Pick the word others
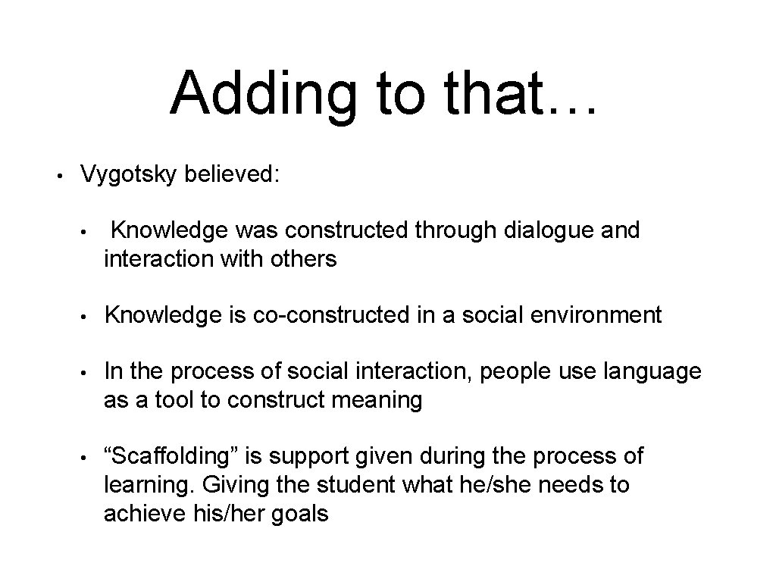point(299,259)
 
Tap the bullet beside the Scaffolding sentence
point(87,457)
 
